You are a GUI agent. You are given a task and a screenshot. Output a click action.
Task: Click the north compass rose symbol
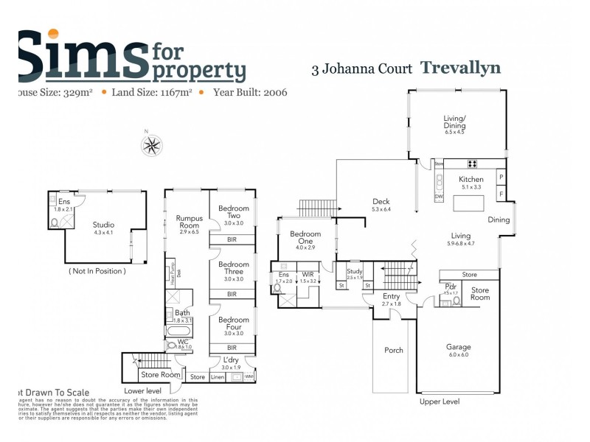(x=151, y=144)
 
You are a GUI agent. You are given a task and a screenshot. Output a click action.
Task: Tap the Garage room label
(x=458, y=347)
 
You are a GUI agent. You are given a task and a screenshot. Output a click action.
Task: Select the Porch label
(x=394, y=350)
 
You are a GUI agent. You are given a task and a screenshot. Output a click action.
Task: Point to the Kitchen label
(x=471, y=179)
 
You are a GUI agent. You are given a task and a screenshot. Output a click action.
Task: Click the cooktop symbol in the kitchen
(x=471, y=164)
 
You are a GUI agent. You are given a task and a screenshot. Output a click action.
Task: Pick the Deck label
(x=381, y=202)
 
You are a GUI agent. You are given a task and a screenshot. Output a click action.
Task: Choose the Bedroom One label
(x=305, y=237)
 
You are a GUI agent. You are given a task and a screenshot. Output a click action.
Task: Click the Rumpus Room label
(x=190, y=222)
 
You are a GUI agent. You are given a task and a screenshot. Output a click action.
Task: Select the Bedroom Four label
(x=233, y=323)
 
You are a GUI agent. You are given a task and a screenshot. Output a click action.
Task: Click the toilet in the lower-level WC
(x=172, y=344)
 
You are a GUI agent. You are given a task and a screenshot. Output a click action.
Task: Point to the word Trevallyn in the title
(x=460, y=68)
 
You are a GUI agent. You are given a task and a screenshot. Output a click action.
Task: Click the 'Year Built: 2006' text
(x=250, y=93)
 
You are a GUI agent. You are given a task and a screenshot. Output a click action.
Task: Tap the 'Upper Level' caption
(x=439, y=401)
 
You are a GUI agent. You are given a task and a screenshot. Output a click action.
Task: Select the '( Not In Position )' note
(x=97, y=271)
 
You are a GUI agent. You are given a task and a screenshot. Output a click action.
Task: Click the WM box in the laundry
(x=249, y=377)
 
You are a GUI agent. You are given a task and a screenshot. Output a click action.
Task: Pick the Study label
(x=355, y=272)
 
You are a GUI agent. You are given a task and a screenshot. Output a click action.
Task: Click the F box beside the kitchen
(x=502, y=194)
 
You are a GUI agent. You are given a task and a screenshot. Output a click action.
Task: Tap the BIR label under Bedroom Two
(x=232, y=240)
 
